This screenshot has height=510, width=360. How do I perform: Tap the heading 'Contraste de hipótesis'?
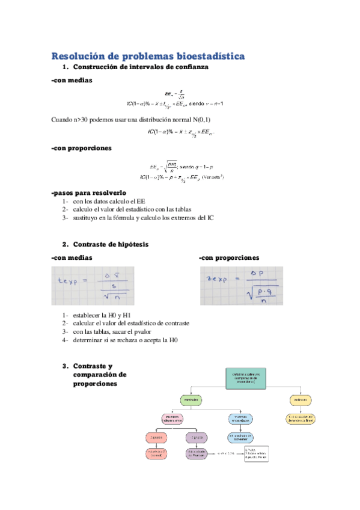pyautogui.click(x=110, y=245)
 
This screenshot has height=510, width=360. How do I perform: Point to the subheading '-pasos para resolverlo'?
pyautogui.click(x=89, y=192)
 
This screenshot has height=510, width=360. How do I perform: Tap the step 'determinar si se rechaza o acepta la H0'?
pyautogui.click(x=125, y=340)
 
